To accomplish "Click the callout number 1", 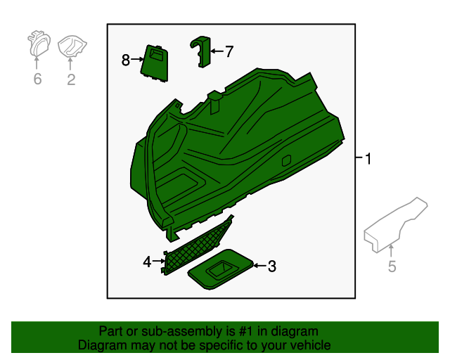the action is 368,159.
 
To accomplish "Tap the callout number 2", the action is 71,79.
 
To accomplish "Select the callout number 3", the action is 272,266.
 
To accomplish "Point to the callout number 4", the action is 147,262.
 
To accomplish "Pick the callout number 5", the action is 392,266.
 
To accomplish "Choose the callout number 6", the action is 37,79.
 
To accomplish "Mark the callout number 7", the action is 229,51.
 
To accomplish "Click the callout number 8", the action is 126,60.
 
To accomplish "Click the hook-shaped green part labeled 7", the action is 201,51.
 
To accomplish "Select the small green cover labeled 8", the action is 155,64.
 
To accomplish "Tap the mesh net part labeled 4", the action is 197,246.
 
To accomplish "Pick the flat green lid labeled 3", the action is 220,269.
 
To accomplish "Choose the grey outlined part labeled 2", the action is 72,46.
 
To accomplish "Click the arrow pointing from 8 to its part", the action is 137,60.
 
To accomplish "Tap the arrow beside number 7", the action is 217,51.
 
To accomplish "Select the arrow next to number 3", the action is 259,266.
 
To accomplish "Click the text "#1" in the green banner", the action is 246,331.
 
